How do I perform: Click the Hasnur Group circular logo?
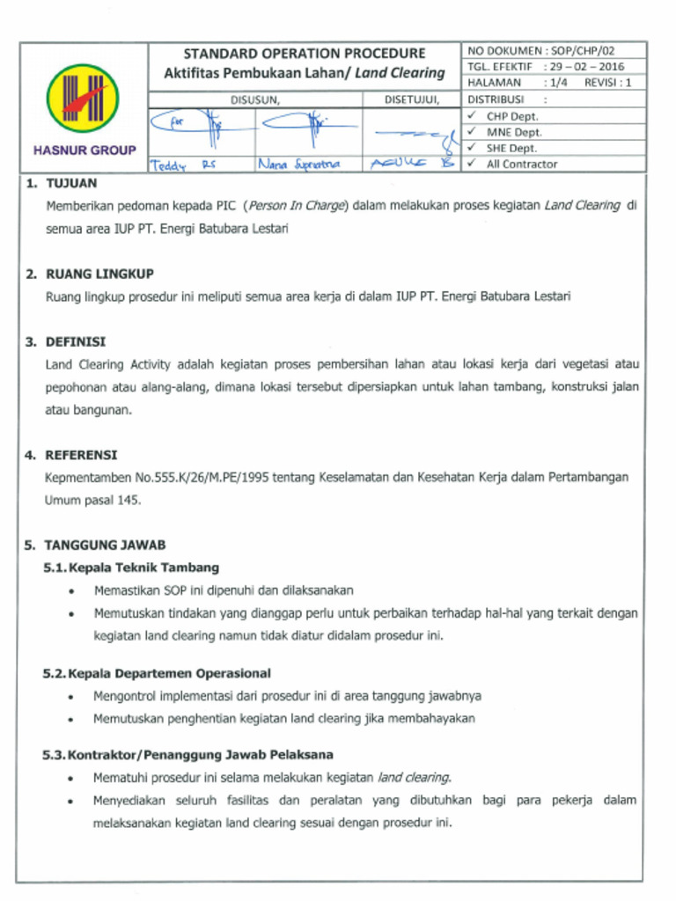point(84,99)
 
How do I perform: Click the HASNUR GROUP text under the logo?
point(84,150)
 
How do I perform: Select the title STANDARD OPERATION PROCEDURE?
point(304,54)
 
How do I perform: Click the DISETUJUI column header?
point(411,99)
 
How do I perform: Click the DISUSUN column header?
point(255,99)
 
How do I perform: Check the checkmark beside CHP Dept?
point(473,115)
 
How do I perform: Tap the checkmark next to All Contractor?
point(473,164)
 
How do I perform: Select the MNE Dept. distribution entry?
point(514,132)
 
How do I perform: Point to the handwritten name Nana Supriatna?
point(299,164)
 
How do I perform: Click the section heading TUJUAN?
point(71,184)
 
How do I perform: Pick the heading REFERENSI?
point(81,455)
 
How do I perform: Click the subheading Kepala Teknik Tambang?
point(143,568)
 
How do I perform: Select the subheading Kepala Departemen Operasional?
point(169,673)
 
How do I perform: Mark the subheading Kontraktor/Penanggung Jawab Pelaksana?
point(200,755)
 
